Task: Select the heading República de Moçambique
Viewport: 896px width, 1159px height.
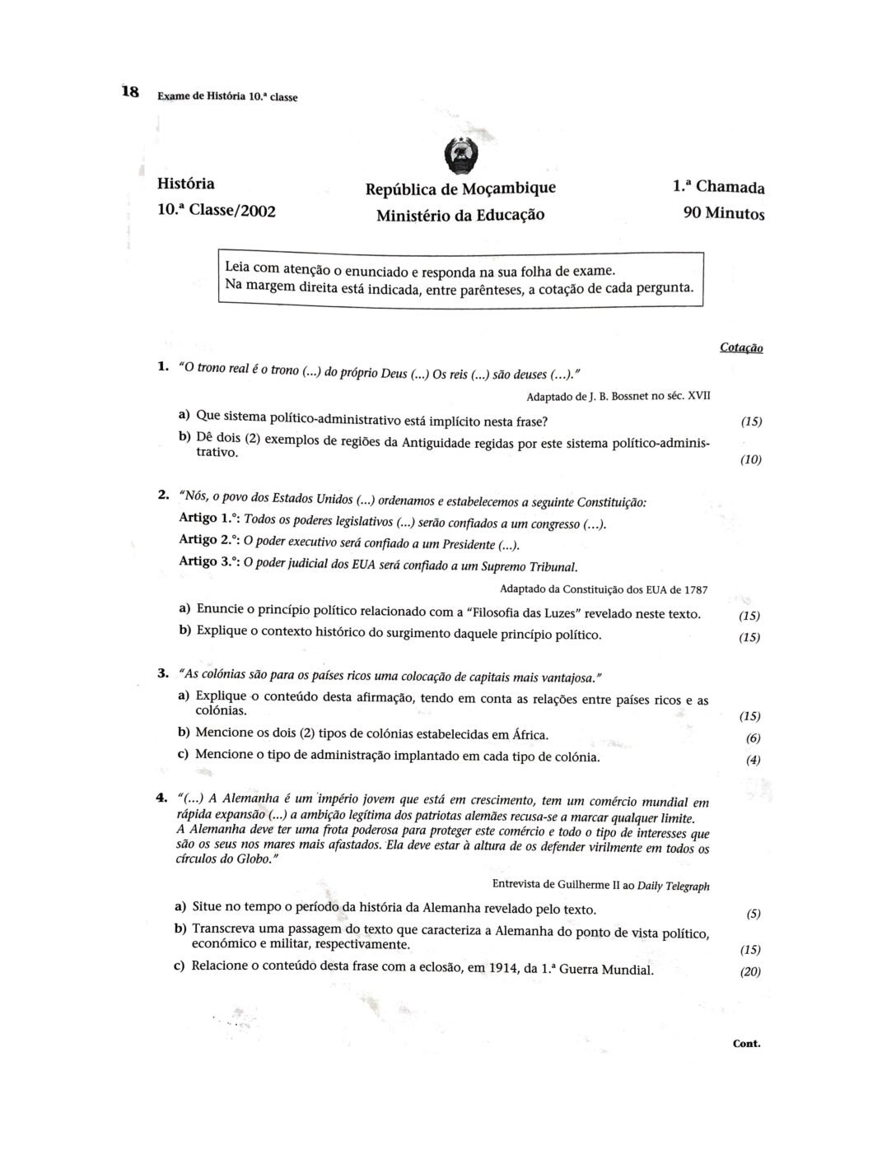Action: pos(460,188)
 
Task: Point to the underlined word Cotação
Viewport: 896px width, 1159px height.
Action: pos(741,348)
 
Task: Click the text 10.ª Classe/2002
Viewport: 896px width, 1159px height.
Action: pos(216,210)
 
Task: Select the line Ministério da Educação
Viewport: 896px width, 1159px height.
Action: pos(460,216)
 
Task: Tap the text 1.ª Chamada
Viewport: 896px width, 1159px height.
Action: pos(718,187)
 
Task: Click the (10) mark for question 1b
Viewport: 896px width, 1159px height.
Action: pos(750,459)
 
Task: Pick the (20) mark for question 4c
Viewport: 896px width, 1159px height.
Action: pos(750,971)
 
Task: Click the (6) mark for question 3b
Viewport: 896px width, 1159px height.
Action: pos(753,738)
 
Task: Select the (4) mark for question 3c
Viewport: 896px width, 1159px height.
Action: pos(753,760)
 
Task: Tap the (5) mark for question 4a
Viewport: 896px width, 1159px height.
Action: pos(753,914)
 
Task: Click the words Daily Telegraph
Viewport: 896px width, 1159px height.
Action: pos(674,886)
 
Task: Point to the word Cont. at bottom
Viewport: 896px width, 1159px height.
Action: pos(746,1044)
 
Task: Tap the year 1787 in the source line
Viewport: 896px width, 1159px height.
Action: pos(694,589)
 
